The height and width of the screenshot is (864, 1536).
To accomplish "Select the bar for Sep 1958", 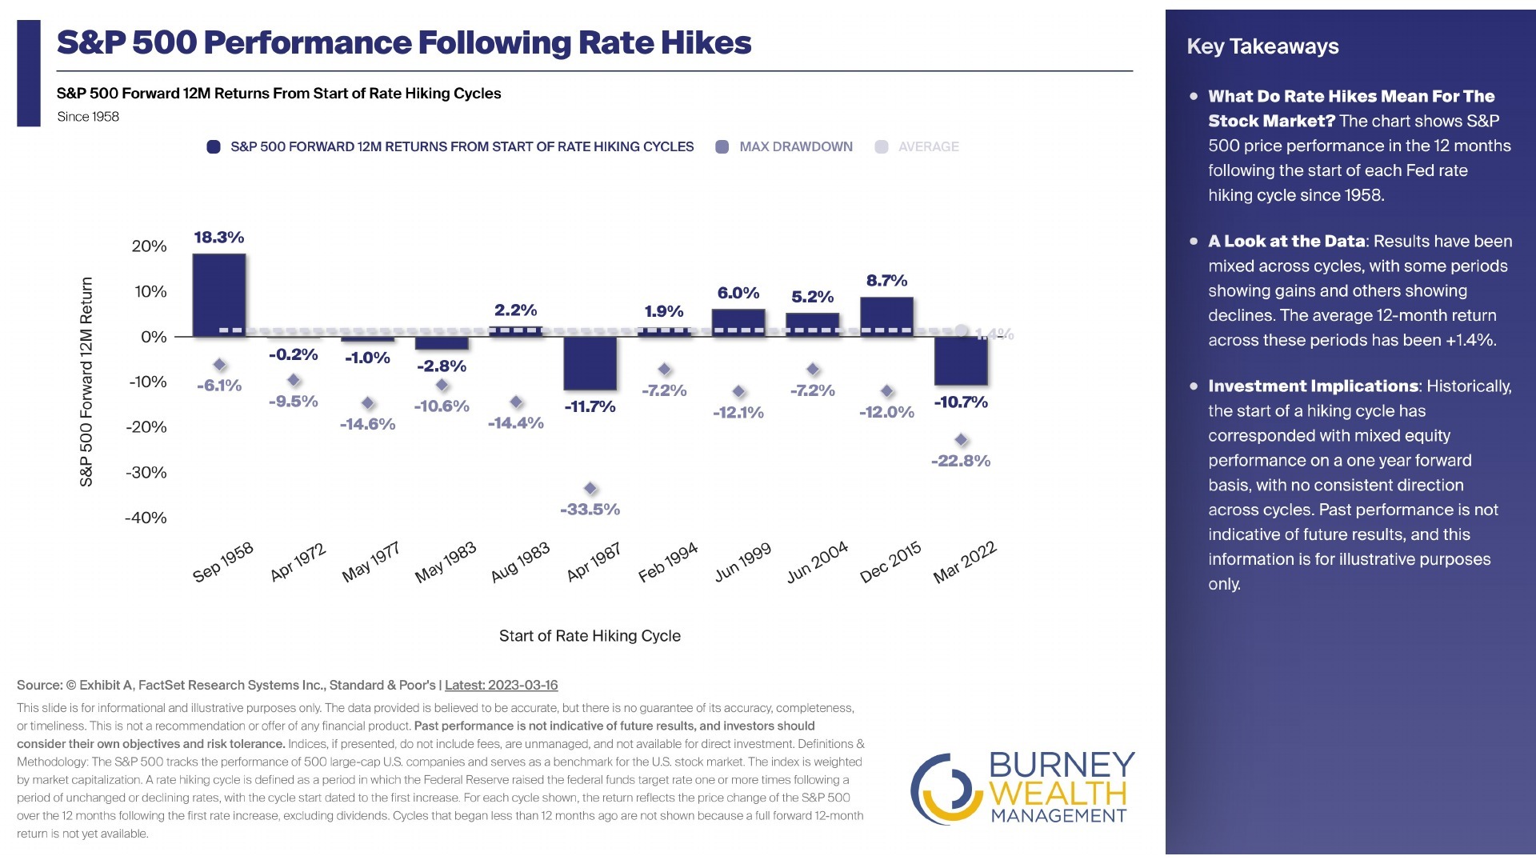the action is click(x=219, y=295).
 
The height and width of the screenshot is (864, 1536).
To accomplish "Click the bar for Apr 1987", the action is click(x=590, y=363).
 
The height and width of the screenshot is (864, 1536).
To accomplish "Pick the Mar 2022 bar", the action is click(x=961, y=361).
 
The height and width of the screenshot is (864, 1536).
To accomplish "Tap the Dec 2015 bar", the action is click(x=886, y=317).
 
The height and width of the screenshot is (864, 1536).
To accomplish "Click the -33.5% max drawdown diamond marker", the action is click(x=590, y=488).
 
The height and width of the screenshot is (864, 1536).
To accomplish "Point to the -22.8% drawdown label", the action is click(x=961, y=461).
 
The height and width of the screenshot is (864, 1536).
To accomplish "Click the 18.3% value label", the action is click(x=219, y=238).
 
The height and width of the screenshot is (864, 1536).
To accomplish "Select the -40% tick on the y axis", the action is click(x=146, y=518).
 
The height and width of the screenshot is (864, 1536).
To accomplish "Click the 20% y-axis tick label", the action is click(x=150, y=246).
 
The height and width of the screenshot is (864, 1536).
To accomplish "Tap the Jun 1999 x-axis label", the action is click(x=742, y=562).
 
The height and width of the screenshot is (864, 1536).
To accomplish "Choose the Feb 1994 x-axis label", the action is click(x=668, y=562).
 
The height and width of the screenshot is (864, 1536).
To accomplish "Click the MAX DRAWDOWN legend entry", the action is click(x=784, y=147).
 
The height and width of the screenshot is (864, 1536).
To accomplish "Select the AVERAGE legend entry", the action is click(x=917, y=147).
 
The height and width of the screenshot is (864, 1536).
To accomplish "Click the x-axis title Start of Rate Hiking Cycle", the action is click(x=590, y=636).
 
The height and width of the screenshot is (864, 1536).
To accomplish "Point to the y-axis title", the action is click(x=86, y=382).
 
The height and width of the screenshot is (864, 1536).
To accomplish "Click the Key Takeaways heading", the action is click(x=1262, y=46).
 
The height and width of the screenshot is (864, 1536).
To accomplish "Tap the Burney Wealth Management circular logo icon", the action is click(x=946, y=789).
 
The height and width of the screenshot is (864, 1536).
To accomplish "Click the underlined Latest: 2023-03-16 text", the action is click(x=502, y=685).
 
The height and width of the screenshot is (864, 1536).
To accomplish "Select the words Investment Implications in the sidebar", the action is click(x=1313, y=386).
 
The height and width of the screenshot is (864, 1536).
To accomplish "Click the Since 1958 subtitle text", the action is click(x=88, y=117).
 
